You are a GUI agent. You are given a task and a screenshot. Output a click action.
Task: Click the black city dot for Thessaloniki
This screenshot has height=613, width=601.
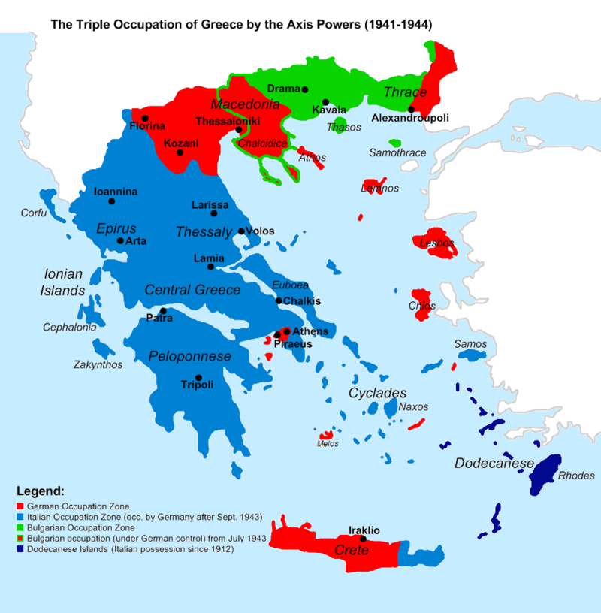239,130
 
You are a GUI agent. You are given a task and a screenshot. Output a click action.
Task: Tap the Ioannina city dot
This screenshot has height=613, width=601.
112,201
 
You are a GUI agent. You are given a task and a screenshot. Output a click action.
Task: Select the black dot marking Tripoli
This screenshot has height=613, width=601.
198,377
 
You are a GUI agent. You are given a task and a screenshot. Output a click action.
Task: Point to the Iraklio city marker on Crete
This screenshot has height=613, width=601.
363,539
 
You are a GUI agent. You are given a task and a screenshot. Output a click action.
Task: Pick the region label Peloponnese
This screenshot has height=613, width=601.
189,356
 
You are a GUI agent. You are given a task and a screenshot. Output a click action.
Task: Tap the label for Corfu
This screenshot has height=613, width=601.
33,213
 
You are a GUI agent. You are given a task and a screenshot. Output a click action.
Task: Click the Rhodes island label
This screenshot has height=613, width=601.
576,475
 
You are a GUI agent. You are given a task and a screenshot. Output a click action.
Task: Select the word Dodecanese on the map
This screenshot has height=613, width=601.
494,463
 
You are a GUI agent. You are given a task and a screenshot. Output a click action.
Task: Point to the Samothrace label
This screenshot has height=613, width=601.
397,152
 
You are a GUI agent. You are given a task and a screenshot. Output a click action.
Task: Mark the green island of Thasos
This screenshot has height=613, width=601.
340,125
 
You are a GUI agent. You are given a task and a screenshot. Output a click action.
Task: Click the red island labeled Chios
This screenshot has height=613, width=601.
420,303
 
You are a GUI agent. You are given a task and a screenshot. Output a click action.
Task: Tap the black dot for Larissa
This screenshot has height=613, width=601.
214,213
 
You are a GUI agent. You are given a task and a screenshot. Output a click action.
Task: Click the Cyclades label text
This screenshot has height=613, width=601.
377,393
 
